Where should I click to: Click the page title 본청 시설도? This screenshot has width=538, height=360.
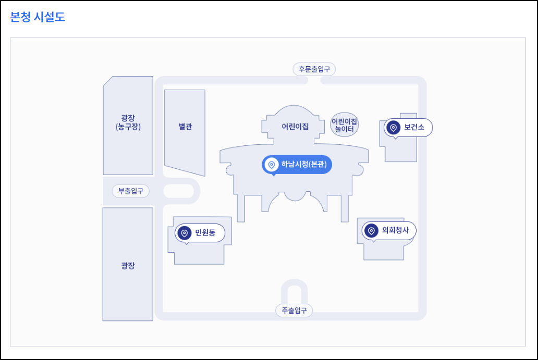pos(38,17)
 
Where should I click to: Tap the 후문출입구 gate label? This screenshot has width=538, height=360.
pos(314,69)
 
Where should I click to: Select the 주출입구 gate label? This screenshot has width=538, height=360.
pos(294,311)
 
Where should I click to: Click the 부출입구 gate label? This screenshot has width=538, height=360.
pos(130,191)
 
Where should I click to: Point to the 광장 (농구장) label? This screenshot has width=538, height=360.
pos(128,122)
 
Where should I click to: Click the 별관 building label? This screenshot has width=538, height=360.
pos(185,127)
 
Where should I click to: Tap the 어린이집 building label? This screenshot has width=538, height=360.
pos(295,127)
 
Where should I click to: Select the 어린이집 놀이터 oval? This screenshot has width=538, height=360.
pos(345,125)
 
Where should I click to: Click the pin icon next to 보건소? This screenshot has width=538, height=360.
pos(394,127)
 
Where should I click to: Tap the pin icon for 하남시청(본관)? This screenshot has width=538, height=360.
pos(271,165)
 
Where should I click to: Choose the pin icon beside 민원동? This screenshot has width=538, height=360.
pos(184,233)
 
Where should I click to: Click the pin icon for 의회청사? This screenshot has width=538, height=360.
pos(371,230)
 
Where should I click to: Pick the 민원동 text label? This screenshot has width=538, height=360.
pos(205,233)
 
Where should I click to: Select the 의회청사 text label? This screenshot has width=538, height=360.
pos(395,230)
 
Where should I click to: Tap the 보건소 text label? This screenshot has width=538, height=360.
pos(414,127)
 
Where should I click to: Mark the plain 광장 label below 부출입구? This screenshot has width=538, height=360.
pos(128,266)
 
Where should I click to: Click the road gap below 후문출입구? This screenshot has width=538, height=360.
pos(314,81)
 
